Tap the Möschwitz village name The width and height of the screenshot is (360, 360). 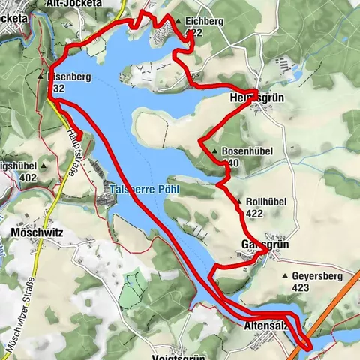37,233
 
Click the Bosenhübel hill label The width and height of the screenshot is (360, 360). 247,151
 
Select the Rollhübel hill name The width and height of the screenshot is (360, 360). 266,202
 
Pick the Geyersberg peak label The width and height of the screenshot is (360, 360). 316,276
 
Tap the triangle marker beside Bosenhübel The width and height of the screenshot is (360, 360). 215,152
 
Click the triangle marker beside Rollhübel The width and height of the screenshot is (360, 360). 239,202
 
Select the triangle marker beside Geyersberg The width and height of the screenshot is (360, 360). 285,276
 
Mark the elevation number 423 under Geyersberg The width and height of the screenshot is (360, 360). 301,286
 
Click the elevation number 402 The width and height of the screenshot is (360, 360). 29,178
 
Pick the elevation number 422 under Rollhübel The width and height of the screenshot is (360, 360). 256,213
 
